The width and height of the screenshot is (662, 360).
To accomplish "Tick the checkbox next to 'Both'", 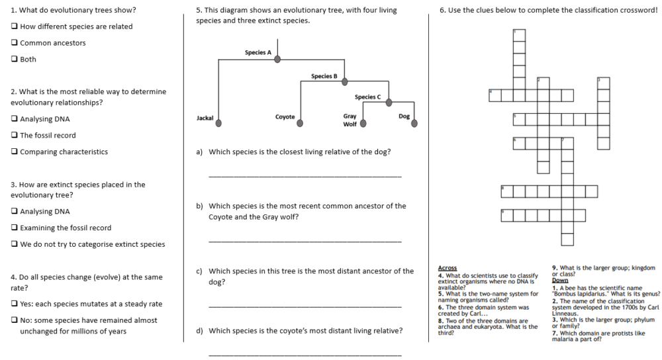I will click(15, 60).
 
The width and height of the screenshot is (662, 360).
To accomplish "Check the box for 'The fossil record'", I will click(15, 136).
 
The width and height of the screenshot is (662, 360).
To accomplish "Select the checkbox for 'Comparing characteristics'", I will click(15, 152).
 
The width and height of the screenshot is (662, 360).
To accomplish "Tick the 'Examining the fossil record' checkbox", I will click(15, 228).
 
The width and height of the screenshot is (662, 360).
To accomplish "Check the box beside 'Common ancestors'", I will click(15, 43).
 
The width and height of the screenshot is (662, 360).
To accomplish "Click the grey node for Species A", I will click(277, 59).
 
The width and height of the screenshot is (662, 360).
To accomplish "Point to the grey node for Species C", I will click(389, 102).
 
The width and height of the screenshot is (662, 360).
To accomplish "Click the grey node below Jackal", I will click(218, 122).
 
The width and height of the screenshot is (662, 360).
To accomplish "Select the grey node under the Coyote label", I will click(301, 123).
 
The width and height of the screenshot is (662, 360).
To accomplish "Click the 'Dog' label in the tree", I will click(404, 116).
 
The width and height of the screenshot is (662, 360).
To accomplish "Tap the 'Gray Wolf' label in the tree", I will click(350, 120).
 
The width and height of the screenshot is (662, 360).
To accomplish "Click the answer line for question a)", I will click(305, 176).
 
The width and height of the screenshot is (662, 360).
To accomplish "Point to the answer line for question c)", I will click(305, 306).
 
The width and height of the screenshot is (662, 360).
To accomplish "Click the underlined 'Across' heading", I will click(448, 268).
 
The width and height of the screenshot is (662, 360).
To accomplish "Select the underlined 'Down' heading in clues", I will click(559, 279).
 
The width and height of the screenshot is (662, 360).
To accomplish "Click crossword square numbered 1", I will click(519, 34).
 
